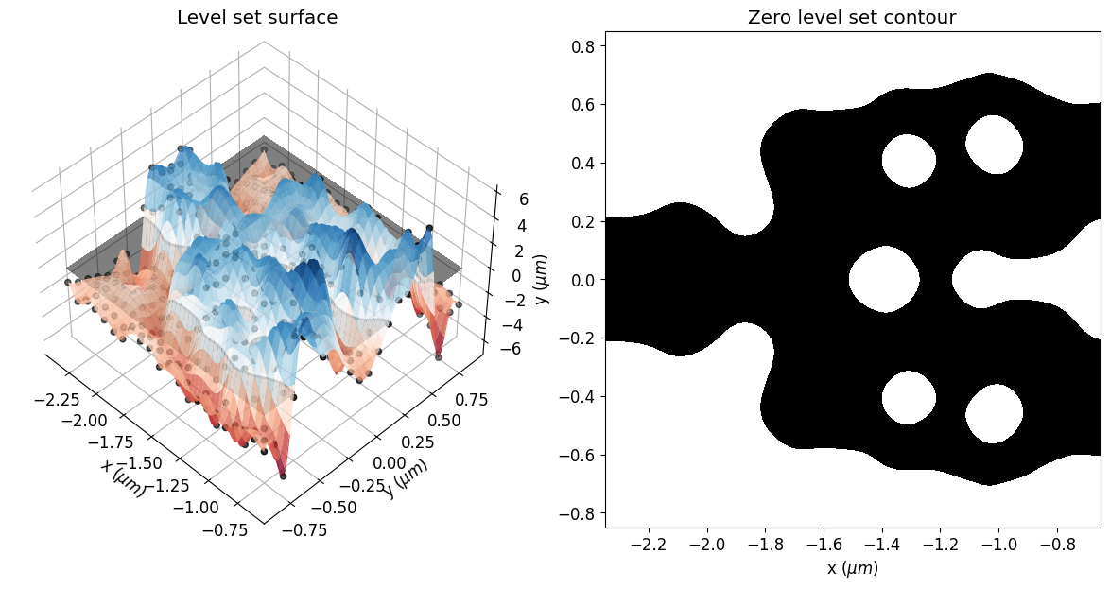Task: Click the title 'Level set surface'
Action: [257, 18]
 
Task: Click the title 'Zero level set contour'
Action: [852, 18]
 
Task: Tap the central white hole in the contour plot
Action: [884, 279]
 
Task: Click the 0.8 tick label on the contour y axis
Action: [582, 46]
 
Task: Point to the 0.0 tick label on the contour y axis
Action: [582, 280]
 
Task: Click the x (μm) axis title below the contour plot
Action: [852, 568]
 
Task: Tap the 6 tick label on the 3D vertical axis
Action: [523, 199]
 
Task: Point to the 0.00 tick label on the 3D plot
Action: [390, 463]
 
